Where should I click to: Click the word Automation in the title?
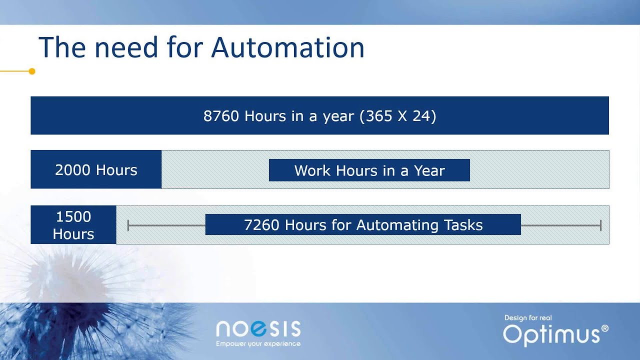[x=287, y=47]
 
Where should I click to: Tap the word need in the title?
[x=126, y=47]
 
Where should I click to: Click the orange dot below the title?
[x=32, y=71]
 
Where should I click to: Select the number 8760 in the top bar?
[x=221, y=116]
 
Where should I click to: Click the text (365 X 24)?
[x=397, y=116]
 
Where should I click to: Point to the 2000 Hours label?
[x=96, y=170]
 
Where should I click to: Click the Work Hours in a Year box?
[x=369, y=170]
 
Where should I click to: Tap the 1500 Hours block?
[x=73, y=225]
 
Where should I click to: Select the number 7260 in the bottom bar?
[x=261, y=225]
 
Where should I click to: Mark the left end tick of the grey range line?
[x=128, y=225]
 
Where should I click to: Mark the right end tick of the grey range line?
[x=601, y=225]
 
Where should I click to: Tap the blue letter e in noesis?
[x=259, y=328]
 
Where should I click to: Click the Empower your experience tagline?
[x=258, y=343]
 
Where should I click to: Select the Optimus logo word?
[x=551, y=335]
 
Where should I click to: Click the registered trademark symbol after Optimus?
[x=605, y=328]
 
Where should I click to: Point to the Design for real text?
[x=528, y=317]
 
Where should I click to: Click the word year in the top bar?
[x=338, y=116]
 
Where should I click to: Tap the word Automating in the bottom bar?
[x=397, y=225]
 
